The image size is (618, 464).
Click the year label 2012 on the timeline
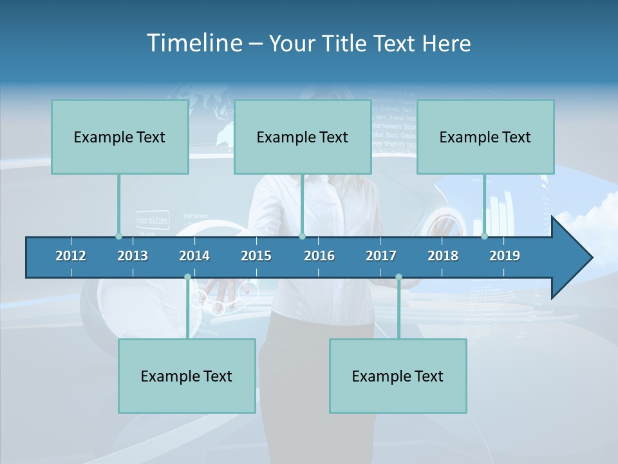(x=71, y=256)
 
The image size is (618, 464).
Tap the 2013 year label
(x=133, y=256)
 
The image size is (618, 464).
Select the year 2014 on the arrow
(x=194, y=256)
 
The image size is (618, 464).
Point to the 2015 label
(x=256, y=256)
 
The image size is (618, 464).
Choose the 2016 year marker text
(x=319, y=256)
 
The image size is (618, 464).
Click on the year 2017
(x=381, y=256)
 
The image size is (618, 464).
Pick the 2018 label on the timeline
(x=443, y=256)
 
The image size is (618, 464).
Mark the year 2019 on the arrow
(x=505, y=256)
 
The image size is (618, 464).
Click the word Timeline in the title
(x=192, y=43)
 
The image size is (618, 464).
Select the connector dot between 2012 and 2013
(x=118, y=236)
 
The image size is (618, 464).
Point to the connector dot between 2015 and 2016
(x=302, y=236)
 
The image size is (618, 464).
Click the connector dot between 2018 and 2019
(x=485, y=236)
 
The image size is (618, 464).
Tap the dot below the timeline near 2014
(x=187, y=277)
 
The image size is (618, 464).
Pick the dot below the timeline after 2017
(x=398, y=277)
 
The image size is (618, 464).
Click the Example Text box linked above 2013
(x=120, y=137)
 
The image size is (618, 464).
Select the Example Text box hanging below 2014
(x=187, y=376)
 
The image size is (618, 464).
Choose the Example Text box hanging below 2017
(x=398, y=376)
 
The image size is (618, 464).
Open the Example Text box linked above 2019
(x=485, y=137)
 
